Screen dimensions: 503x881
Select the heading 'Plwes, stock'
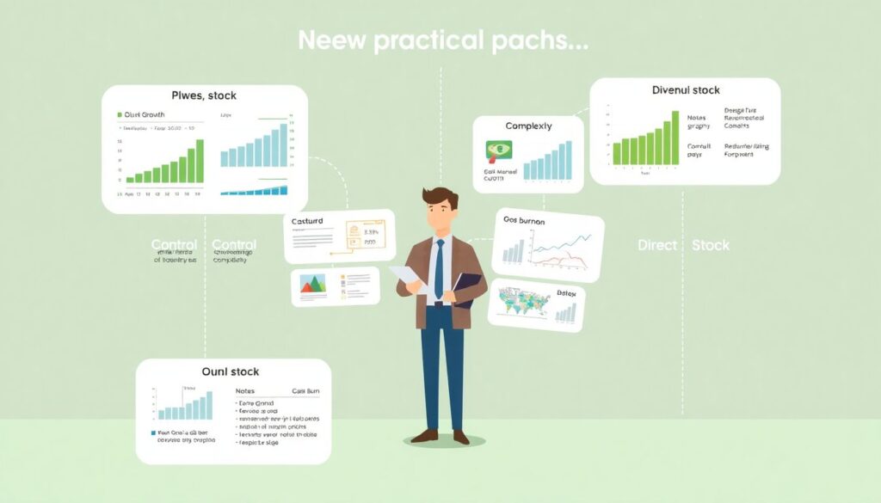204,95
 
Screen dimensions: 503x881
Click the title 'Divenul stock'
686,89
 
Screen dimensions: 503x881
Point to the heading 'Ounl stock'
231,371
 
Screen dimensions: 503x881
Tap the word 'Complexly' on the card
528,126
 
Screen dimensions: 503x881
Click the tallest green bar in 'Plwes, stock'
200,161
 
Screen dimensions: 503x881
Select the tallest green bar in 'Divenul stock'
676,138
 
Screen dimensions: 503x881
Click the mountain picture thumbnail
312,285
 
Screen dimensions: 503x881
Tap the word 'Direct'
657,245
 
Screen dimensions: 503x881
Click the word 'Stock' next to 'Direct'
711,245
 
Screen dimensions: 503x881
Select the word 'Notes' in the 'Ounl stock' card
244,390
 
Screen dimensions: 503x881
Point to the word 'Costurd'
307,221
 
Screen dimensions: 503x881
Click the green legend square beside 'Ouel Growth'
119,113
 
